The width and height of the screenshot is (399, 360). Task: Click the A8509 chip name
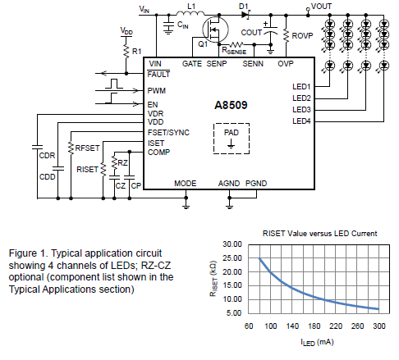point(231,105)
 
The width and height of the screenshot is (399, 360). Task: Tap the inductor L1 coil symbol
point(190,13)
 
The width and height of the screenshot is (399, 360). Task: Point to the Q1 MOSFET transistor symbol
point(215,30)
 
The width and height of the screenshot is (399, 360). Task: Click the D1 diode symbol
point(245,15)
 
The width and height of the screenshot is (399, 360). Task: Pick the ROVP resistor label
point(302,36)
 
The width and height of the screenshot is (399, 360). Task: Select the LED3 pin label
point(301,110)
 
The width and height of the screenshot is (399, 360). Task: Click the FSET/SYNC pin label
point(168,133)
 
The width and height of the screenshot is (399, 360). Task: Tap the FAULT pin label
point(158,74)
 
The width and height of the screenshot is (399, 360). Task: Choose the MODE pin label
point(186,183)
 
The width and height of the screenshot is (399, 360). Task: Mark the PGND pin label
point(256,183)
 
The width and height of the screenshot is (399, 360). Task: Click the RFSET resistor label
point(87,148)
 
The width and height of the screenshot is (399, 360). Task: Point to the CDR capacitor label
point(47,156)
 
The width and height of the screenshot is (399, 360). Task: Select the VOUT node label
point(321,7)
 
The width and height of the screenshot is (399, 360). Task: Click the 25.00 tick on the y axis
point(232,258)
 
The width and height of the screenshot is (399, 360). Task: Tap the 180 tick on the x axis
point(314,326)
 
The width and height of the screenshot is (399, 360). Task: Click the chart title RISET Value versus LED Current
point(319,234)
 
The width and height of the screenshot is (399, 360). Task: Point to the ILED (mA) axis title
point(317,342)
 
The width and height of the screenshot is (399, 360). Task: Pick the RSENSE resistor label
point(234,51)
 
